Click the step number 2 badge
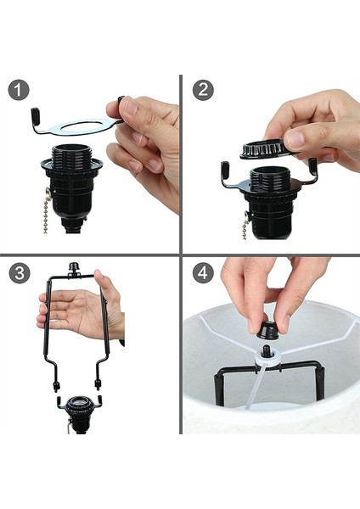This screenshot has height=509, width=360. (x=202, y=90)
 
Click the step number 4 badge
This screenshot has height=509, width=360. (x=202, y=273)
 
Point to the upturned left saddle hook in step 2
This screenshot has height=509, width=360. (x=226, y=169)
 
